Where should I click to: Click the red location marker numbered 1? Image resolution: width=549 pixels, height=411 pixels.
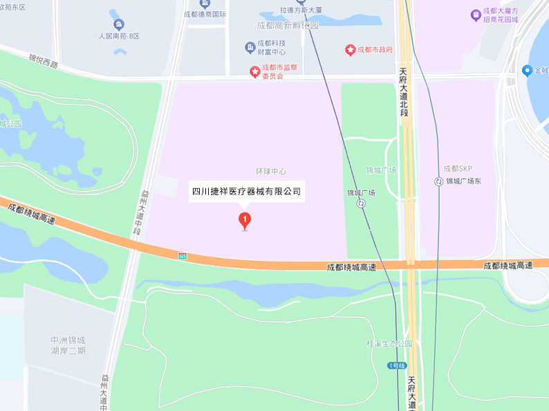pos(244,220)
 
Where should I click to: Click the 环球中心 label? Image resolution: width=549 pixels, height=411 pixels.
pos(271,171)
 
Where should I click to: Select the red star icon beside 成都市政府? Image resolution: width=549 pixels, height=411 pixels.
pos(350,50)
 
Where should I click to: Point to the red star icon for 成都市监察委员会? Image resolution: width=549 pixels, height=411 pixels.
pos(255,71)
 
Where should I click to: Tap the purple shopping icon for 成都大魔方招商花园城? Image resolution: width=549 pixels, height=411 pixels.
pos(475,15)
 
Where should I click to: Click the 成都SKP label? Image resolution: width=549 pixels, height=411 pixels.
pos(457,169)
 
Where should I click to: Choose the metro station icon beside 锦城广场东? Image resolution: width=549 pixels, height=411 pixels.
pos(438,181)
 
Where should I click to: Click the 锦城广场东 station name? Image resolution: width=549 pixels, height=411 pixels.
pos(467,181)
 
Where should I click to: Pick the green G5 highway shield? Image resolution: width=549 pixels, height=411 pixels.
pos(183,256)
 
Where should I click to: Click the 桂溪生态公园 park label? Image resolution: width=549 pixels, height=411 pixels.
pos(389,343)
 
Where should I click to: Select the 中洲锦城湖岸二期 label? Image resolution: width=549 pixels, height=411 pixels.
pos(68,345)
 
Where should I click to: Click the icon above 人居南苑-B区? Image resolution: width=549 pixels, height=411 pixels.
pos(120,24)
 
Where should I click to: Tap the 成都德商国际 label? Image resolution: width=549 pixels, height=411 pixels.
pos(205,14)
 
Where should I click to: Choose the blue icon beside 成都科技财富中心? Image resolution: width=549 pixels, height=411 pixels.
pos(250,47)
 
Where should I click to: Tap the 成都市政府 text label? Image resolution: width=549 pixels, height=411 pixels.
pos(375,50)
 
